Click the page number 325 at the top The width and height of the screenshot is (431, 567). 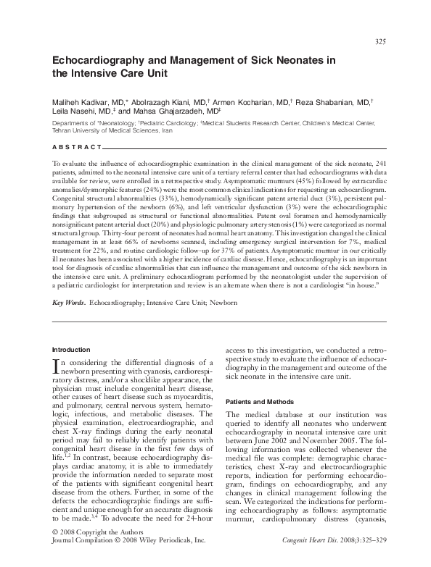(x=380, y=41)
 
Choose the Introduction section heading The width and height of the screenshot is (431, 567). (x=72, y=350)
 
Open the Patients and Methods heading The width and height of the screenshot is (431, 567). (x=259, y=400)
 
